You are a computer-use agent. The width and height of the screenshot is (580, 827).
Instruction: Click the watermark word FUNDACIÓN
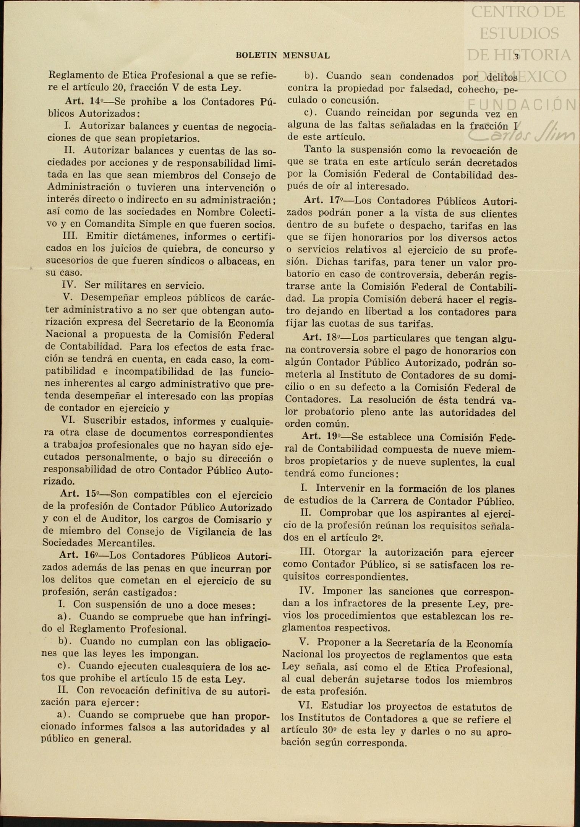522,104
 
